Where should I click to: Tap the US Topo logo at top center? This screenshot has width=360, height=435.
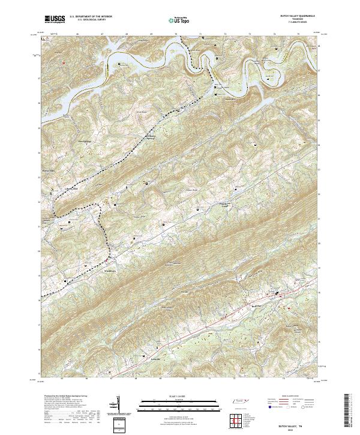180,20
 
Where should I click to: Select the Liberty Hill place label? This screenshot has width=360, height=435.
55,187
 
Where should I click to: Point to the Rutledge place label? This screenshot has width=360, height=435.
259,305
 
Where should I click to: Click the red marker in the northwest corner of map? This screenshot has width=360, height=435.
62,61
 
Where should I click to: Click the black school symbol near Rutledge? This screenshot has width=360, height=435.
277,293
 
